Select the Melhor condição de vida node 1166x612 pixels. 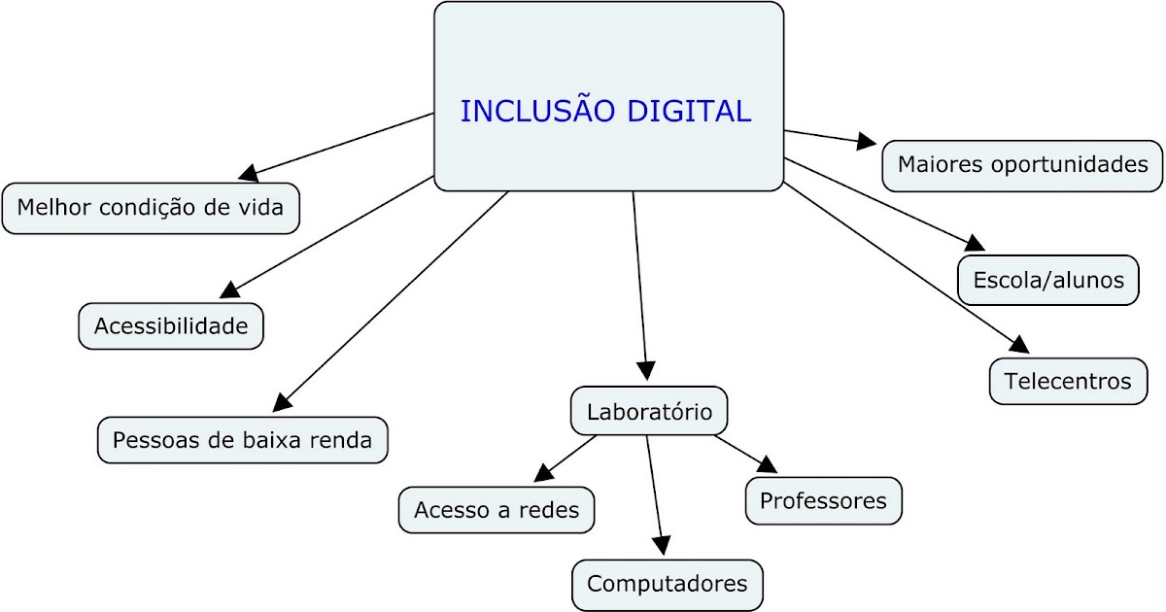[x=151, y=208]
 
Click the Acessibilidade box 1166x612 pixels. [x=171, y=326]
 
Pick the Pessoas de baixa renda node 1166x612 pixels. [x=243, y=440]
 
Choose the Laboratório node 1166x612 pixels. [x=649, y=412]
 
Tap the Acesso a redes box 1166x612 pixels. [x=497, y=510]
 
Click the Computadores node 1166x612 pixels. [x=668, y=584]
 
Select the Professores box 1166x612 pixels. [x=823, y=501]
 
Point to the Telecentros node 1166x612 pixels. [x=1068, y=381]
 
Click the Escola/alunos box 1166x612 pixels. [x=1047, y=281]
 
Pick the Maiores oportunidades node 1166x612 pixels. [x=1022, y=165]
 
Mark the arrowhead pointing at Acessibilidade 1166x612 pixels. [x=230, y=289]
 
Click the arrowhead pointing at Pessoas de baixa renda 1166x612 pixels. [x=281, y=402]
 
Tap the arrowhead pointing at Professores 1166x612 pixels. [x=766, y=465]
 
